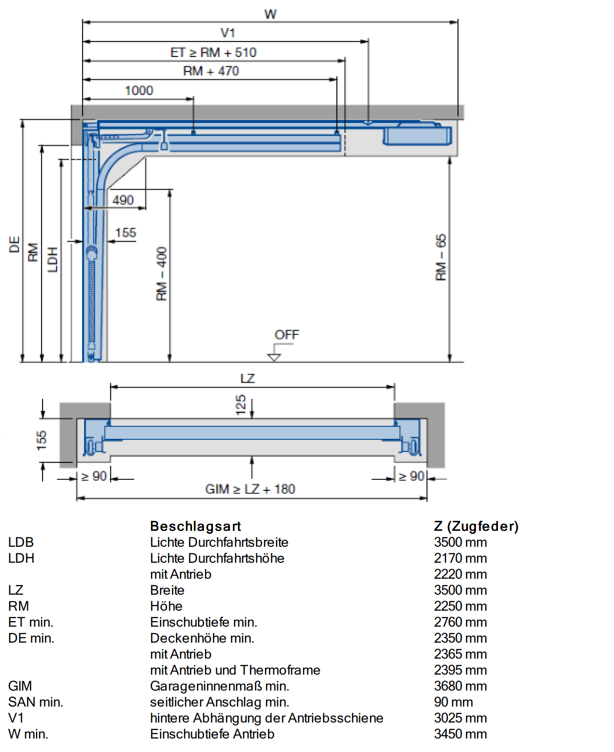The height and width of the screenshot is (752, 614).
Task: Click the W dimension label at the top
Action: (x=270, y=14)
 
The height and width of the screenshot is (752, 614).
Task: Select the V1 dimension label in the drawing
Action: (x=228, y=33)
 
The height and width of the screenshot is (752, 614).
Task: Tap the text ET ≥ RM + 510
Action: (x=213, y=52)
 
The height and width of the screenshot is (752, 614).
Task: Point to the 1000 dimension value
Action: (x=139, y=90)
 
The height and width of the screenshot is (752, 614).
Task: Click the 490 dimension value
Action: (x=123, y=200)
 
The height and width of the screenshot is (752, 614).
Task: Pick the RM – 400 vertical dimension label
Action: (x=161, y=274)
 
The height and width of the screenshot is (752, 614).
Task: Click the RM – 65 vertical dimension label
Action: (x=441, y=258)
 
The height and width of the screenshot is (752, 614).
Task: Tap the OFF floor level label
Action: (x=286, y=335)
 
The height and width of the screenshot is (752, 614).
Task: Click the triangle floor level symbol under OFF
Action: (x=274, y=357)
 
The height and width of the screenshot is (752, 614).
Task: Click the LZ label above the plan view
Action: (x=247, y=378)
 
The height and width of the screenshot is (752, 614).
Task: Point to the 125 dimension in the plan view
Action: (x=241, y=404)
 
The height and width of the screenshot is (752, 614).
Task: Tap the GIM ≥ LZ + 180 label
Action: (x=250, y=489)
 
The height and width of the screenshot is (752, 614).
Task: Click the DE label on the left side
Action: (x=14, y=245)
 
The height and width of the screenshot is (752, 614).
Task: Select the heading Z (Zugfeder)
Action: (x=476, y=526)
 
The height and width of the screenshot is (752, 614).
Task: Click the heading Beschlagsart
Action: (x=195, y=526)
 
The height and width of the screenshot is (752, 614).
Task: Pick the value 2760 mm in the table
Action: (x=460, y=622)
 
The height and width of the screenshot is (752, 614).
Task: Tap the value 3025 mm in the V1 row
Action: (x=460, y=718)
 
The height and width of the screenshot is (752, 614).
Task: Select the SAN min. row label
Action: (x=35, y=702)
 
